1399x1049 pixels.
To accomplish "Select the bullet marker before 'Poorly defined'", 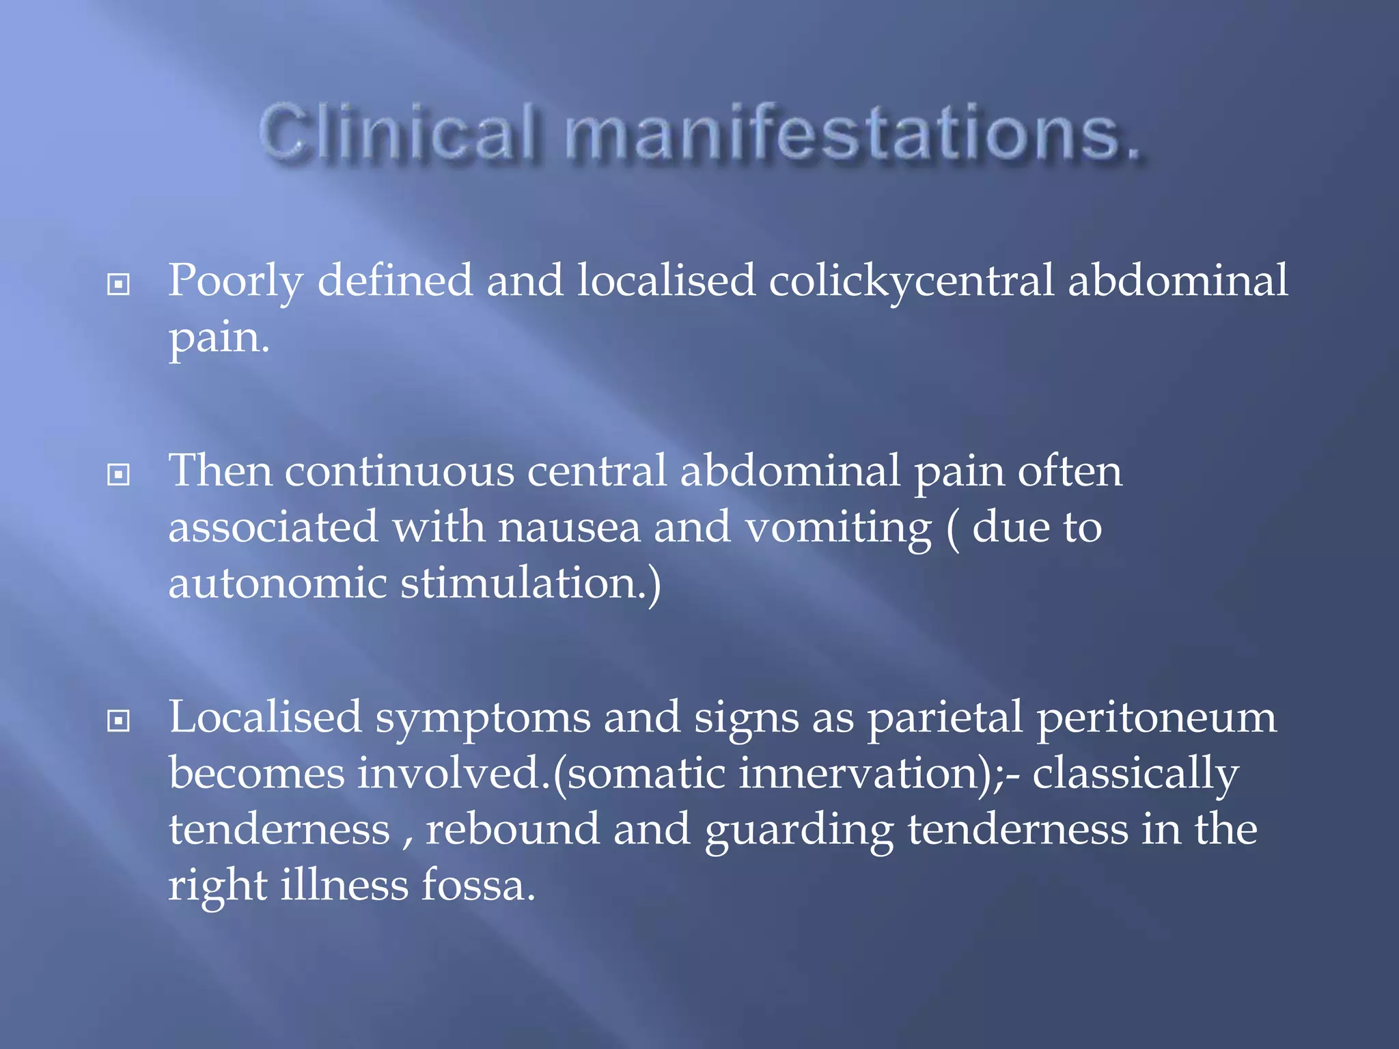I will (119, 284).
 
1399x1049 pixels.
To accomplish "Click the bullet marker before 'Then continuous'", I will (119, 474).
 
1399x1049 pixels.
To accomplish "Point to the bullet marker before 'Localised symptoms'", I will (119, 721).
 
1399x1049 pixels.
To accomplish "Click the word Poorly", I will (236, 281).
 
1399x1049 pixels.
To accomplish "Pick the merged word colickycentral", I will (911, 281).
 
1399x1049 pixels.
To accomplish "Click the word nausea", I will (569, 527).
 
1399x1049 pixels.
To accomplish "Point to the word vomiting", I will (838, 529).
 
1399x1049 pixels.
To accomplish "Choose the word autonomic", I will (277, 583).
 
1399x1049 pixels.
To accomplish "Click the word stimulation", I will (523, 583).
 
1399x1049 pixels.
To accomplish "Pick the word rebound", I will (512, 829).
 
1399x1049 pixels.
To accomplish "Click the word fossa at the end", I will (477, 885).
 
